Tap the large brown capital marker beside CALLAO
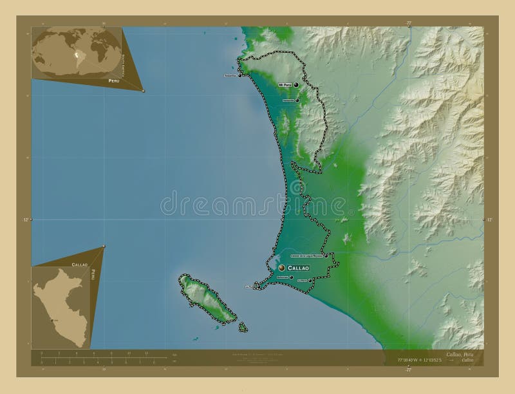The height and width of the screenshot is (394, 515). (282, 267)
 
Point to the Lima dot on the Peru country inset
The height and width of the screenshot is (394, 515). (51, 319)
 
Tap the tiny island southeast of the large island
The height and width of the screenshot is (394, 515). (243, 327)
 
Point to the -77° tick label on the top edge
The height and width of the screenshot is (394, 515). (408, 23)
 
